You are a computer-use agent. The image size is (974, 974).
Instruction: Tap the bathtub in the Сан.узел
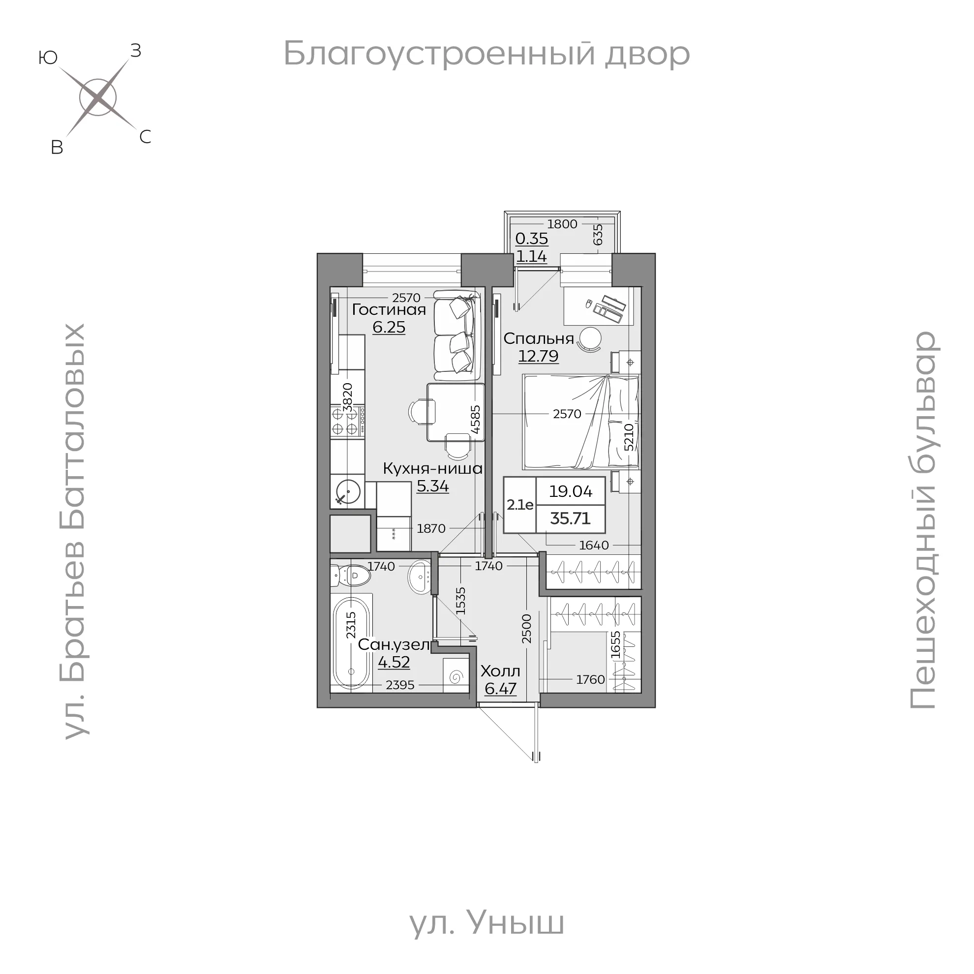[x=351, y=643]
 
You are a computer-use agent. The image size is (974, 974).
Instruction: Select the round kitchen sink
[x=347, y=491]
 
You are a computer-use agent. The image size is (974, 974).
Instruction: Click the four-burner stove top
[x=348, y=422]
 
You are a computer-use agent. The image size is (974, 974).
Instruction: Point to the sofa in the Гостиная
[x=456, y=336]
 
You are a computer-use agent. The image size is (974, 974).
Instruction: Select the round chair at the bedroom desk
[x=590, y=339]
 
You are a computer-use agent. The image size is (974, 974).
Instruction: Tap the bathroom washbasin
[x=419, y=576]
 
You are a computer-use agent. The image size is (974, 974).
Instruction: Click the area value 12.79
[x=539, y=356]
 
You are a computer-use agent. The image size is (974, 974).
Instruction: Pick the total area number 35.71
[x=570, y=518]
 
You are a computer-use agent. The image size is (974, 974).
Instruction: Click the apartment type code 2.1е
[x=520, y=505]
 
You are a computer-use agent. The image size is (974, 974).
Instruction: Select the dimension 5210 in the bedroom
[x=629, y=437]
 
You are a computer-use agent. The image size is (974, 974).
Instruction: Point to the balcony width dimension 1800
[x=562, y=224]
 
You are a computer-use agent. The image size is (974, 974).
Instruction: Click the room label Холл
[x=500, y=671]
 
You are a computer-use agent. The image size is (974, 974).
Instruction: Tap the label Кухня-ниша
[x=432, y=468]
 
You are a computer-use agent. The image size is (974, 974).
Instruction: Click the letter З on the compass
[x=136, y=50]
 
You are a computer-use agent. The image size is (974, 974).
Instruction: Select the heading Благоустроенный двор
[x=487, y=54]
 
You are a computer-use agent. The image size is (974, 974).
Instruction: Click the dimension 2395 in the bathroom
[x=400, y=685]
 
